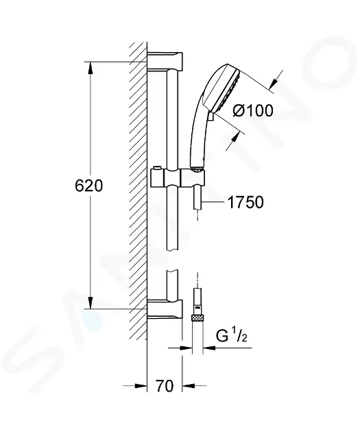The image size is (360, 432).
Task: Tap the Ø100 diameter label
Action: [x=253, y=111]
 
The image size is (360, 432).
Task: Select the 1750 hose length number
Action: [x=245, y=202]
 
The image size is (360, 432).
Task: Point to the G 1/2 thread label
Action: [x=231, y=336]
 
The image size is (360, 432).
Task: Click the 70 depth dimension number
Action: [x=165, y=385]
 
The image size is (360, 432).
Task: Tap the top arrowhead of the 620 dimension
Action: [x=91, y=67]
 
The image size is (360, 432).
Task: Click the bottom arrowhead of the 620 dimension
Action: [x=91, y=303]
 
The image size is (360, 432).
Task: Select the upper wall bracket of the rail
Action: [x=165, y=61]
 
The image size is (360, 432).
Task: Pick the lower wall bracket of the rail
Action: [x=165, y=309]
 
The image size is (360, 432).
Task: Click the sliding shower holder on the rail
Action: [x=178, y=178]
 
